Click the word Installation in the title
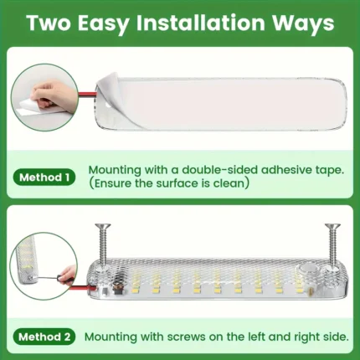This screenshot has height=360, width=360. point(200,23)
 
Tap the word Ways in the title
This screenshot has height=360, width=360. point(303,23)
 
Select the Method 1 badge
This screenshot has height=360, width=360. point(44,177)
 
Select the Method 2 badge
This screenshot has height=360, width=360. point(44,337)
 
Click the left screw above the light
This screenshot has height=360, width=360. point(103,245)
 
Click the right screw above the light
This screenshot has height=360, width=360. point(332,245)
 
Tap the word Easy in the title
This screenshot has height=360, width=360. point(102,23)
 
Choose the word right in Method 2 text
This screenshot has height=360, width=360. point(307,337)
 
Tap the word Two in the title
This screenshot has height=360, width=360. point(49,23)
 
